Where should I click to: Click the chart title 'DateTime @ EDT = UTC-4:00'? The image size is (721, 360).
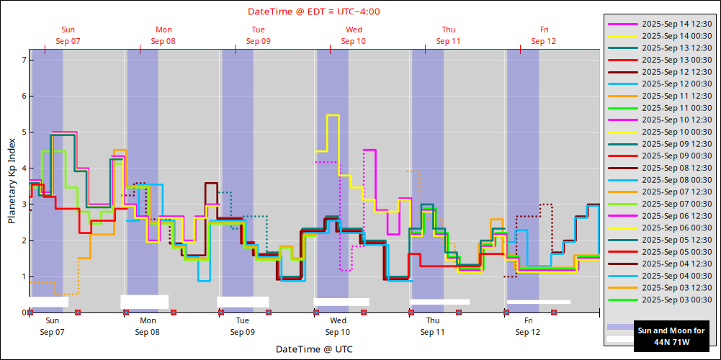(314, 12)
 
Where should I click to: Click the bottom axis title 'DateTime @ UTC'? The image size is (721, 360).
(314, 349)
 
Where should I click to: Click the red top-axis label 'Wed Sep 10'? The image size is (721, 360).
(354, 35)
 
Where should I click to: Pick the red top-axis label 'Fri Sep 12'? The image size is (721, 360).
(544, 35)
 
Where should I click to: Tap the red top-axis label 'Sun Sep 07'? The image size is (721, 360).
(68, 35)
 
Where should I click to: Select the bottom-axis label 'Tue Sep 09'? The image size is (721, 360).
(243, 326)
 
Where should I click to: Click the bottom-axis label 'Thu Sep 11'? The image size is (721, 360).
(433, 326)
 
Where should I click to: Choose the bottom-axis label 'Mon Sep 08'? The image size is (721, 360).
(148, 326)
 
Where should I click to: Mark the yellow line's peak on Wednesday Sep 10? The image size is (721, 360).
(333, 115)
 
